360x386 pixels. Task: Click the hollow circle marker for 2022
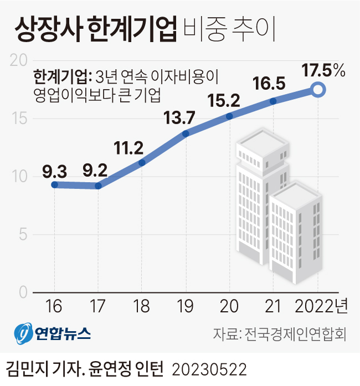[x=318, y=90]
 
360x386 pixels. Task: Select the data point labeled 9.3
[x=54, y=184]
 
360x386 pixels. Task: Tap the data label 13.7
[x=179, y=117]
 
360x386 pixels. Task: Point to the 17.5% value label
[x=323, y=71]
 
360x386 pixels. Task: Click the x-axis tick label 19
[x=186, y=305]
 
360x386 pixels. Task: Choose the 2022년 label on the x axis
[x=321, y=305]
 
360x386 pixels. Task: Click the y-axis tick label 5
[x=22, y=235]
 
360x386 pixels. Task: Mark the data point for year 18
[x=142, y=163]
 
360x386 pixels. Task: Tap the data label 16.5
[x=269, y=84]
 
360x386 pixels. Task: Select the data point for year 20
[x=230, y=116]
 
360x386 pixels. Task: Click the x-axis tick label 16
[x=54, y=305]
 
